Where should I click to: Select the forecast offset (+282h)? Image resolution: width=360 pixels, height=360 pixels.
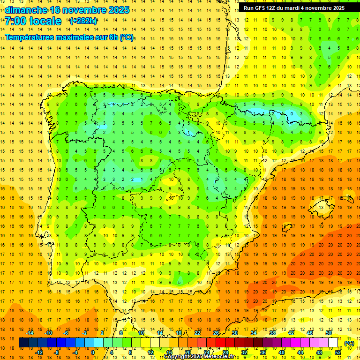tap(83, 21)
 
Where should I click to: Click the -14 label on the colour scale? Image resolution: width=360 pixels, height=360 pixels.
tap(30, 333)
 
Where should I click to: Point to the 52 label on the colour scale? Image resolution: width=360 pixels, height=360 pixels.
tap(337, 352)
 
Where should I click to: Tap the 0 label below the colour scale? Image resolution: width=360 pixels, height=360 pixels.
tap(93, 352)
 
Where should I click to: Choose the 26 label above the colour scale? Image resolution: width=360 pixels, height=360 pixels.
tap(216, 333)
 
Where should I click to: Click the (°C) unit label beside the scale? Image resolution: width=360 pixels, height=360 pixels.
tap(349, 343)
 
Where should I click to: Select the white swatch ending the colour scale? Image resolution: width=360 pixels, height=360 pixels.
tap(333, 343)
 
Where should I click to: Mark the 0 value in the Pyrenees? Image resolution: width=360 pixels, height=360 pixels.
tap(292, 113)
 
